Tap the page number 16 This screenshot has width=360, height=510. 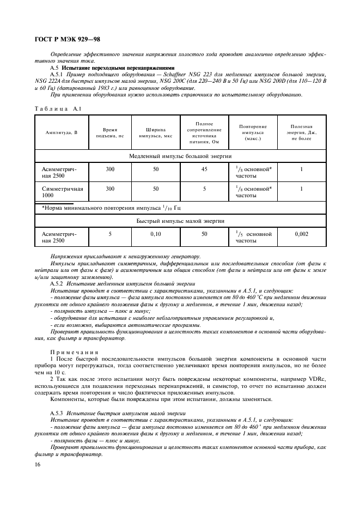[38, 463]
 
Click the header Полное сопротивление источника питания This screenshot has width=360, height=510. [204, 132]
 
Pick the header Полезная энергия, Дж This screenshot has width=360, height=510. [301, 132]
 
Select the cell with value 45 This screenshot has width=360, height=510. [204, 169]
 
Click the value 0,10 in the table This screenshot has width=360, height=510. [156, 234]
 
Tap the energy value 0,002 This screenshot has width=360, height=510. [301, 234]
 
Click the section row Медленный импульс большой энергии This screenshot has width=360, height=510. [180, 156]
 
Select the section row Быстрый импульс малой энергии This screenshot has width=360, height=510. [180, 221]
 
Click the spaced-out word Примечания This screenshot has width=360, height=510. [74, 352]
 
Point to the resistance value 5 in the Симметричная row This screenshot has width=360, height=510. [204, 189]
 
